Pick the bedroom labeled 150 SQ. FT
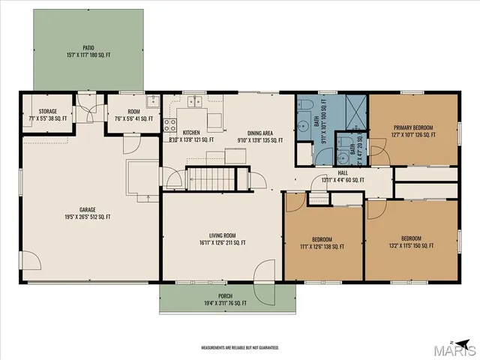click(411, 241)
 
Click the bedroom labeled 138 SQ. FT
click(322, 241)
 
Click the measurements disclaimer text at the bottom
click(240, 347)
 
